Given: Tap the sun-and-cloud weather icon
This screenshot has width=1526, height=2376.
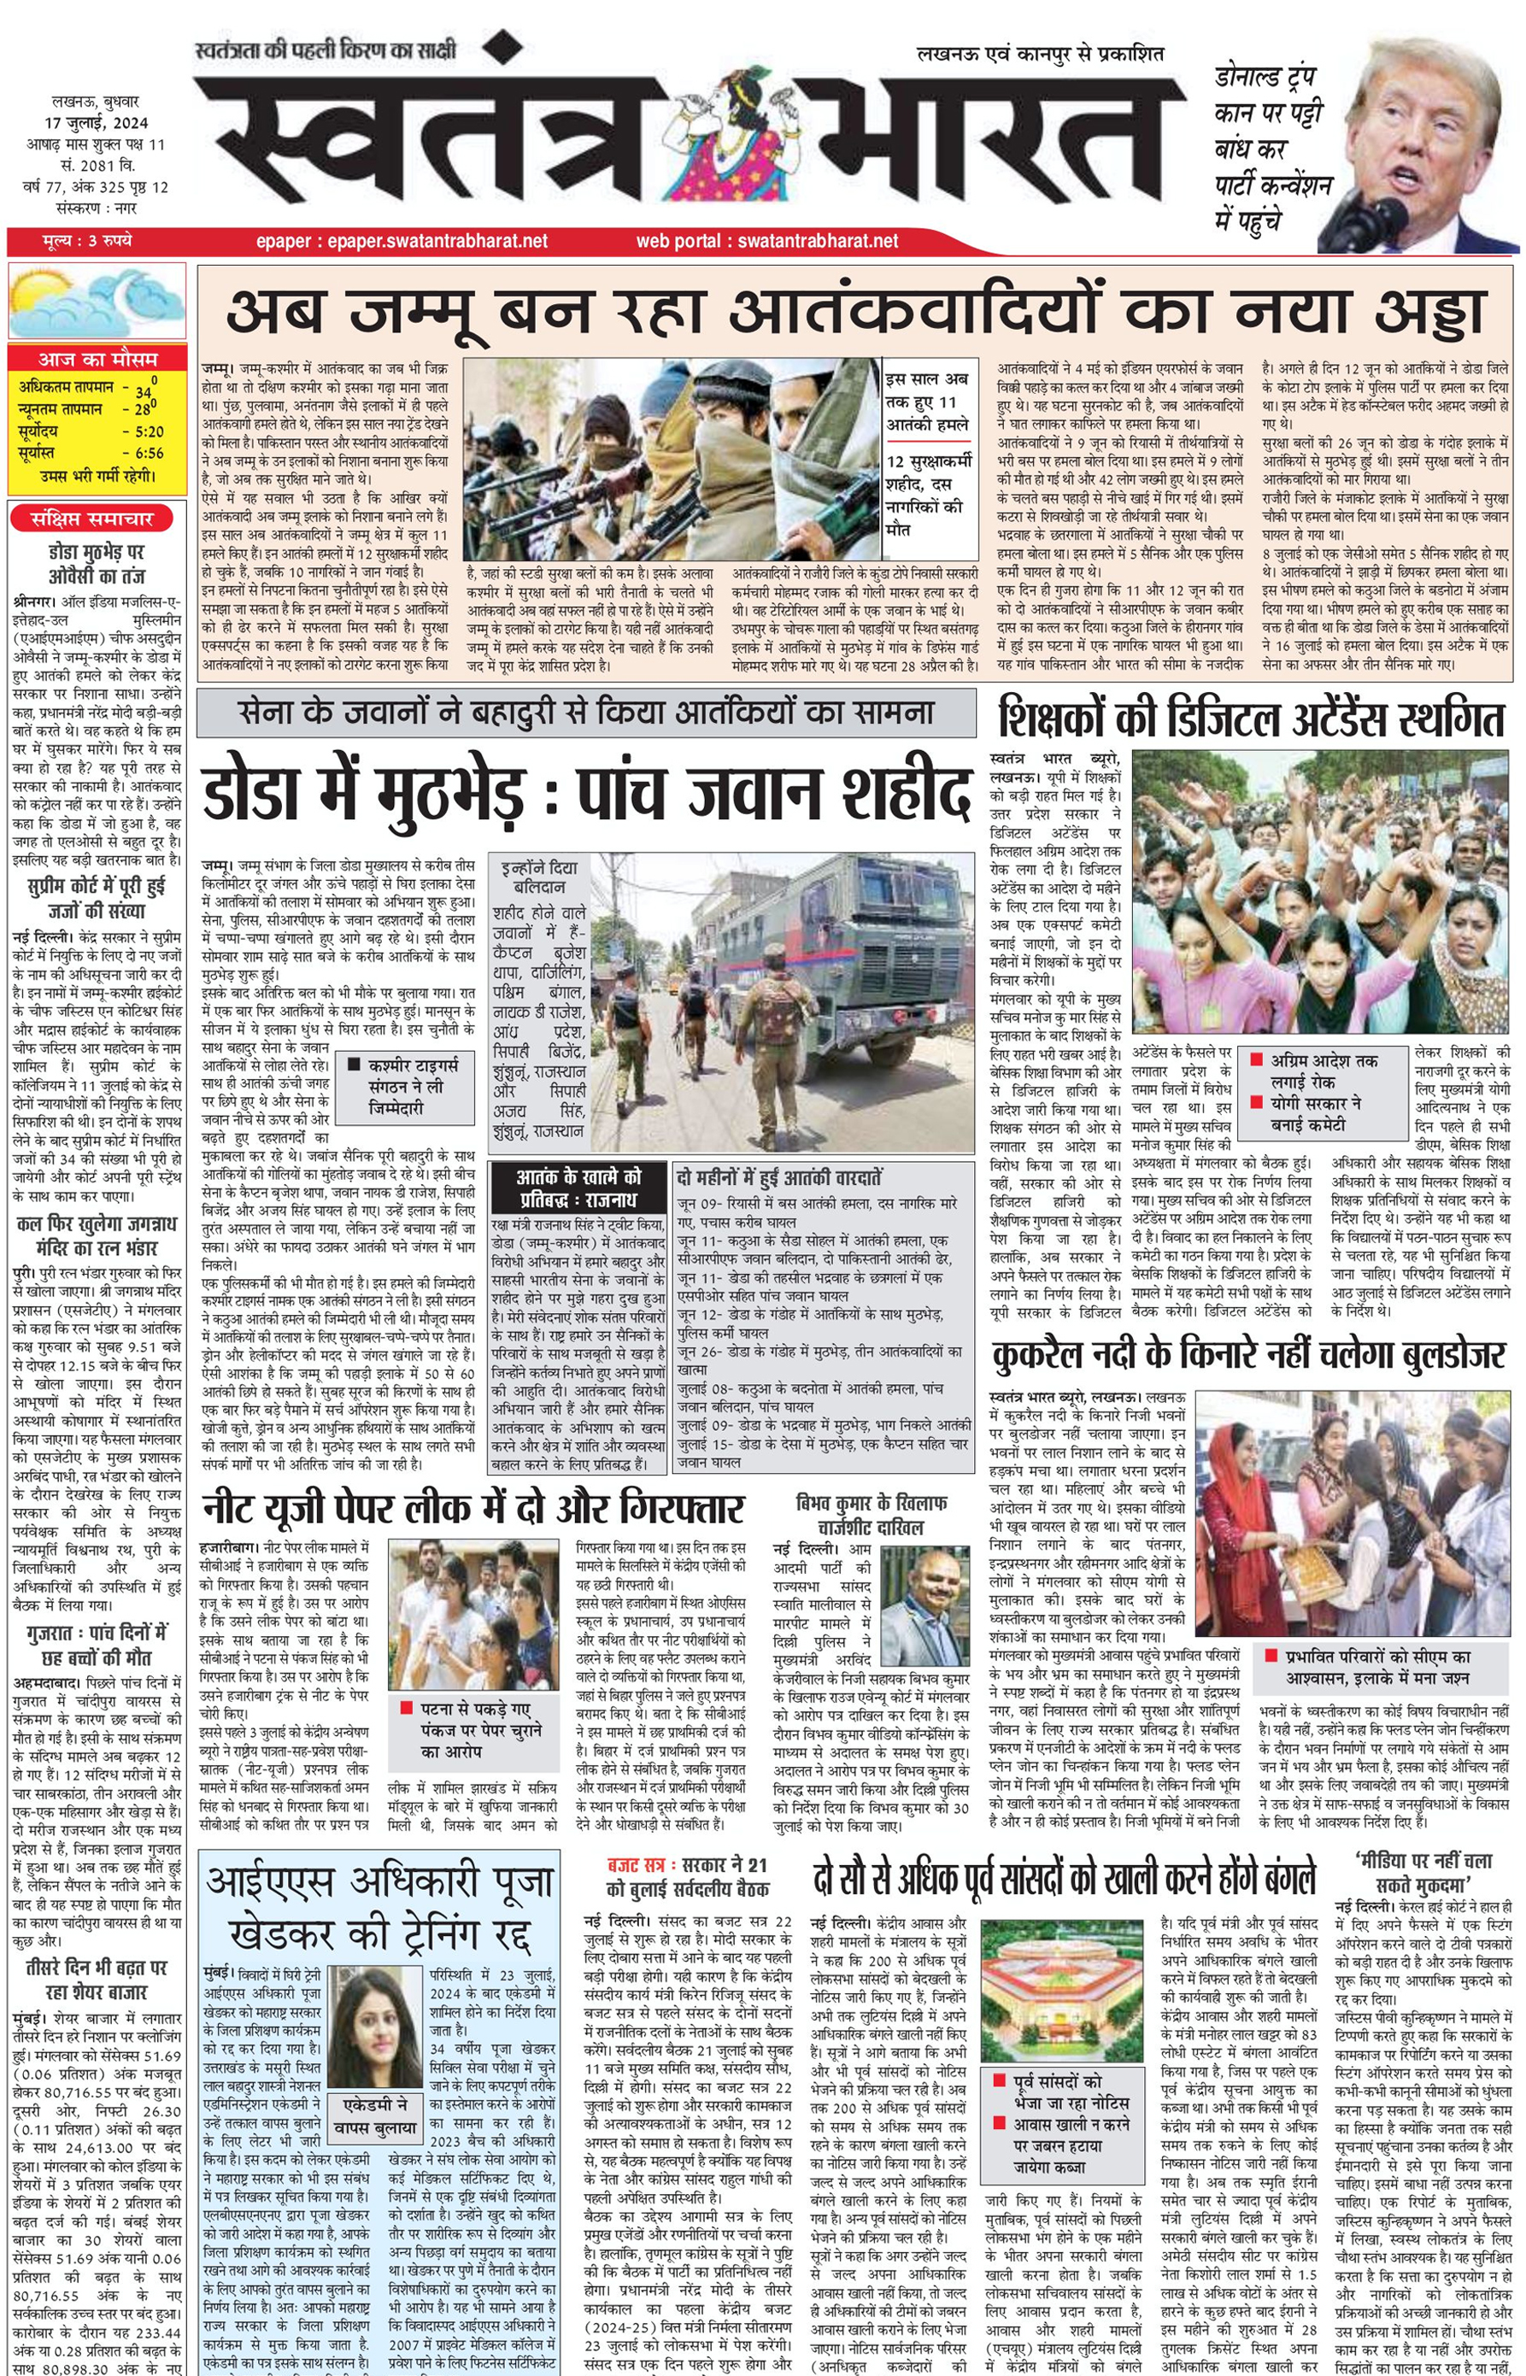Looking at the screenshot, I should pos(96,303).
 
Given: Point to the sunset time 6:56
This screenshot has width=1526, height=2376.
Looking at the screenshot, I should pos(148,454).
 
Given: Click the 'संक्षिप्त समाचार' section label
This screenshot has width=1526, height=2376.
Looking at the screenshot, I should pos(92,519).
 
